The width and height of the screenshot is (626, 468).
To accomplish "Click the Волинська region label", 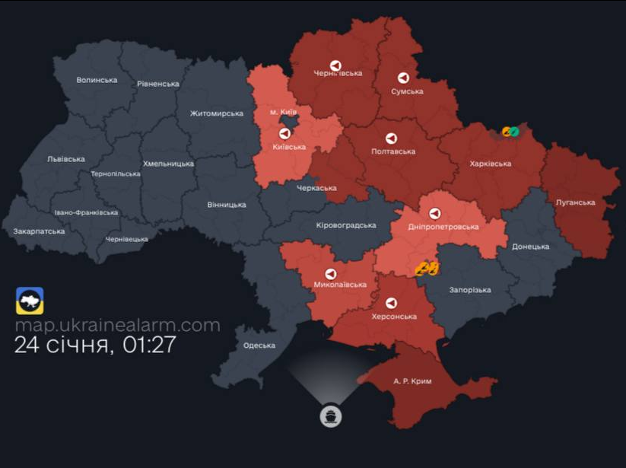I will (x=97, y=80).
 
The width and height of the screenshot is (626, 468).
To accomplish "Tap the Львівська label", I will (x=66, y=159).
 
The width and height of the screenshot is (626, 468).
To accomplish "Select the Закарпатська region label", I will (x=39, y=231).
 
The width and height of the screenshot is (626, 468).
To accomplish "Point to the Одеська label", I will (x=259, y=345).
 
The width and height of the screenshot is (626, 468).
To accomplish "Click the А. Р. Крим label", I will (x=412, y=381).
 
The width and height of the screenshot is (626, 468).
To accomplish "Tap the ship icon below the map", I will (x=331, y=416).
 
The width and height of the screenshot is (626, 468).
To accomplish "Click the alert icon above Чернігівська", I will (x=335, y=65).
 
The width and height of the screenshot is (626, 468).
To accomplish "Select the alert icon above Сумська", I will (x=403, y=78).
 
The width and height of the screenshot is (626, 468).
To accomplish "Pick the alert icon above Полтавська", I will (x=391, y=138).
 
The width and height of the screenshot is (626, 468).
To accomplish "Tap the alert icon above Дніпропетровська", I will (x=434, y=214).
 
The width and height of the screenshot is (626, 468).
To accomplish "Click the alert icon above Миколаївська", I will (x=330, y=273).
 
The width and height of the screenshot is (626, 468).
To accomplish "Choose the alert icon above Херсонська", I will (x=391, y=303).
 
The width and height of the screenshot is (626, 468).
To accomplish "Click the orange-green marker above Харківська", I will (x=510, y=132).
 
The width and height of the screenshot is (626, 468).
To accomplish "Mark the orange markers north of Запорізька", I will (x=427, y=268).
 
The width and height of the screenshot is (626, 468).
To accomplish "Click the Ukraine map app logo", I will (x=30, y=301).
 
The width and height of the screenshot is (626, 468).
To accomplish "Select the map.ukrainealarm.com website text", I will (x=117, y=326).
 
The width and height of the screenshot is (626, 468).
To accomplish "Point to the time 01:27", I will (x=148, y=345).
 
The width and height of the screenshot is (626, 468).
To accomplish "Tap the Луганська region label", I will (x=576, y=202).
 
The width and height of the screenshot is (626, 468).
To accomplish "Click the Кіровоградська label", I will (x=346, y=225).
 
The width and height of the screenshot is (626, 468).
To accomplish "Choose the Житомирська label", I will (x=216, y=113).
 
